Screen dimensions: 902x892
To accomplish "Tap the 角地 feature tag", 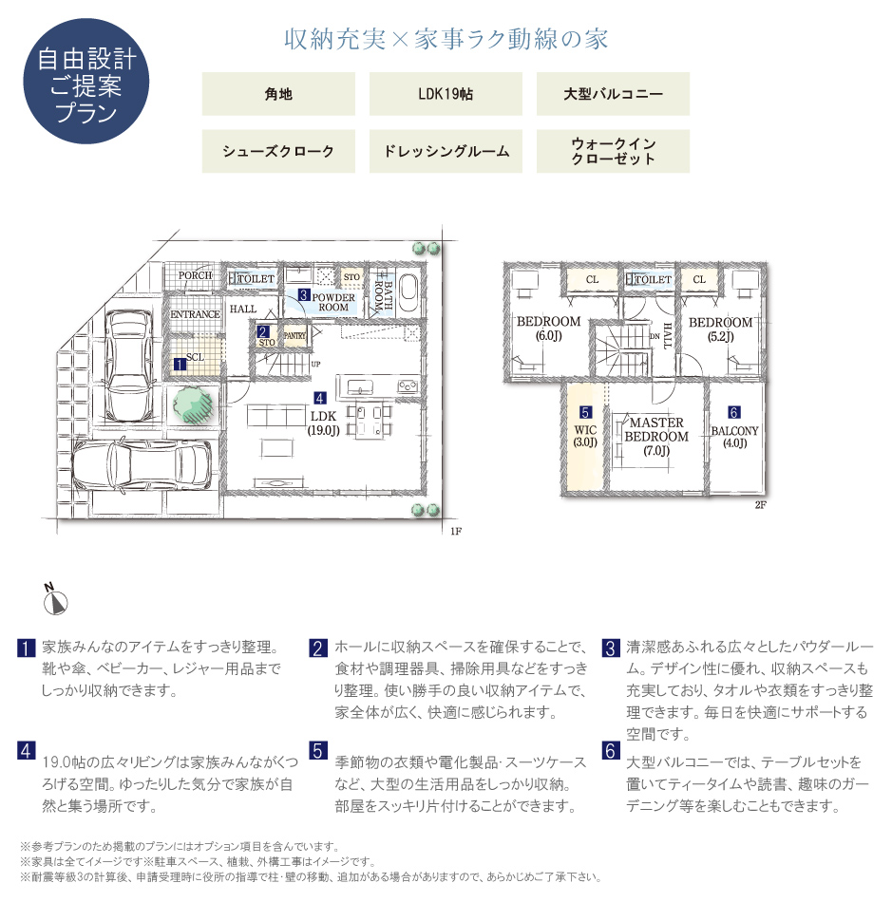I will point(278,94).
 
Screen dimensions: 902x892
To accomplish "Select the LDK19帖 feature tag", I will point(446,94).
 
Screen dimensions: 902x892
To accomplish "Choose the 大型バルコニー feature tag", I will point(613,94).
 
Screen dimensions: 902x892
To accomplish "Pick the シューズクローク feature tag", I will point(278,151).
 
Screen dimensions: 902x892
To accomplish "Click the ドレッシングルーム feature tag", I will point(446,151).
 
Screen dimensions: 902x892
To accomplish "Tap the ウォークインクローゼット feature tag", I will point(613,151).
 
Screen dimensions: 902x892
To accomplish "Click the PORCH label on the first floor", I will point(195,276).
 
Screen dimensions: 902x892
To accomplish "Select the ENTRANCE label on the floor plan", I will point(195,314).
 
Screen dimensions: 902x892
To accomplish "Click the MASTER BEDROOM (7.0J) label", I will point(656,436).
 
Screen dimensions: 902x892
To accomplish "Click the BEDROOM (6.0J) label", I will point(548,329).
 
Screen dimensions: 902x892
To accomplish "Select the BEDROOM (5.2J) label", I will point(720,329).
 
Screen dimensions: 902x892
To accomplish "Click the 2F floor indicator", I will point(760,505).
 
